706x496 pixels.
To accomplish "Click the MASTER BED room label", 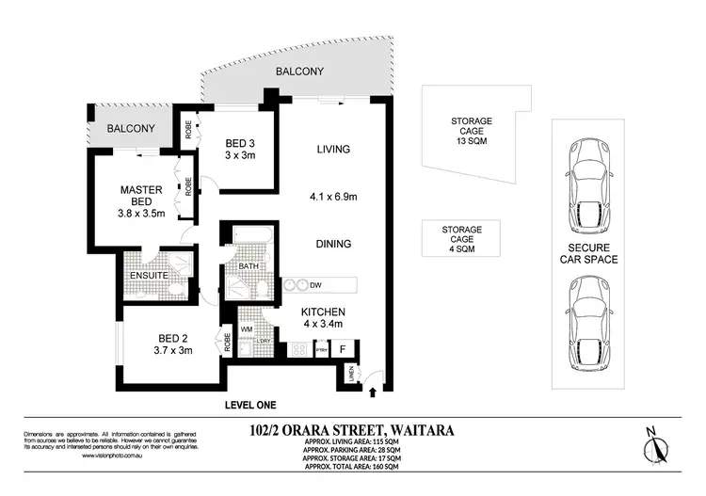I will click(142, 190).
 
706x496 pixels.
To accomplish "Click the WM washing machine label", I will click(247, 328).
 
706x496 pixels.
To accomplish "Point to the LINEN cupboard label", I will click(351, 376).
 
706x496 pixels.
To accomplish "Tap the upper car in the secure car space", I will click(589, 184).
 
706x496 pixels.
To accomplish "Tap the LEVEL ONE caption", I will click(249, 405).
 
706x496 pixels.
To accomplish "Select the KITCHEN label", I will click(323, 312).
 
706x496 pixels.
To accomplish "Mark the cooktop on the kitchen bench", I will click(300, 350).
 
